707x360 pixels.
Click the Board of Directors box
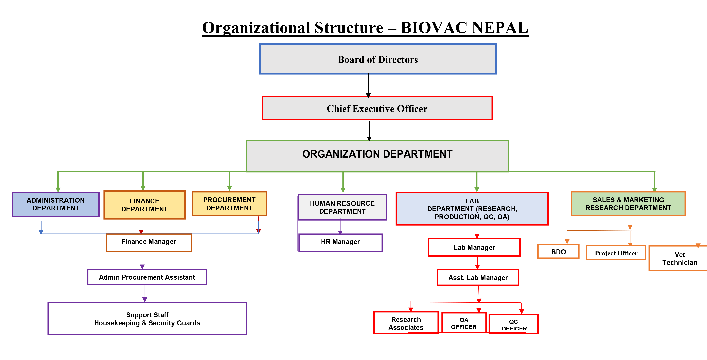(x=378, y=59)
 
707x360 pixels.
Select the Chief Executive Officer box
(x=377, y=109)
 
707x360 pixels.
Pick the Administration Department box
(x=56, y=204)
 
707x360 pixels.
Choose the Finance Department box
(x=144, y=205)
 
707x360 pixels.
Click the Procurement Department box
(x=229, y=204)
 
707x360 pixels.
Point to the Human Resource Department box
(x=342, y=207)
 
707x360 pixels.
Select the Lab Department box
(x=472, y=209)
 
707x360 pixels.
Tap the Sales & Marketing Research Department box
(x=628, y=204)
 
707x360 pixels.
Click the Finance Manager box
(x=149, y=242)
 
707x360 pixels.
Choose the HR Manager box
(x=340, y=242)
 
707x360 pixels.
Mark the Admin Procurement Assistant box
(x=147, y=277)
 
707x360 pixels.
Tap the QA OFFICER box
(x=464, y=323)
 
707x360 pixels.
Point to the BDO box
(x=558, y=251)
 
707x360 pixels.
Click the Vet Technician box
(x=679, y=258)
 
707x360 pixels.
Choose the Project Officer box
(x=616, y=253)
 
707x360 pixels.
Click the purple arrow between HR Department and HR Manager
(x=340, y=227)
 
